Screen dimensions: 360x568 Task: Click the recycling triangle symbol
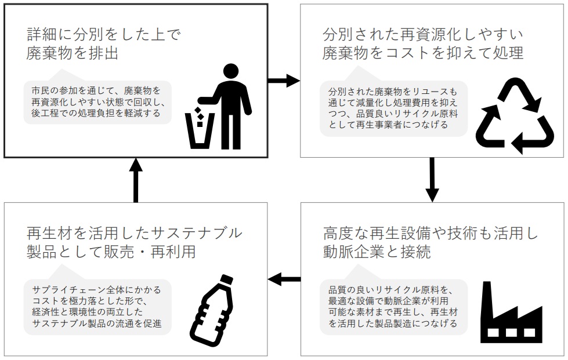515,116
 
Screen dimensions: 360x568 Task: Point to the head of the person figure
231,71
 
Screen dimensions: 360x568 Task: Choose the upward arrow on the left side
135,180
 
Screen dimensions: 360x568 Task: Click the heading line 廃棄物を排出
73,54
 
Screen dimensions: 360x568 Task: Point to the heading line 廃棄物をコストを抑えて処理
423,54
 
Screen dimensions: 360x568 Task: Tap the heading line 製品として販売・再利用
111,253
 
